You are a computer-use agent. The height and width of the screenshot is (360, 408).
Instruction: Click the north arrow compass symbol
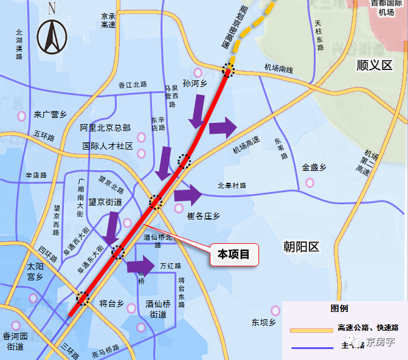[x=52, y=35]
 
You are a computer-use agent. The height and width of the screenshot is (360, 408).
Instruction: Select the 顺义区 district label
[x=375, y=65]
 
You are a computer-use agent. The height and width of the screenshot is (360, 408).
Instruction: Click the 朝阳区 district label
[x=301, y=246]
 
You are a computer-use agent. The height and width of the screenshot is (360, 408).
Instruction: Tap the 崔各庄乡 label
[x=204, y=216]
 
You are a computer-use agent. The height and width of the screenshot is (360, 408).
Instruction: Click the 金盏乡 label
[x=314, y=167]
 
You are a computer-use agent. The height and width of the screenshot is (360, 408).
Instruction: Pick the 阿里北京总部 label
[x=105, y=128]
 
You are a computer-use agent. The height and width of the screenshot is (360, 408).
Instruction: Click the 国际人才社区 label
[x=108, y=146]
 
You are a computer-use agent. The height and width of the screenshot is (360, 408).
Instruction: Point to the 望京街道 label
[x=105, y=201]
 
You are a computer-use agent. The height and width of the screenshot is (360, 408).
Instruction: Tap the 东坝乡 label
[x=264, y=322]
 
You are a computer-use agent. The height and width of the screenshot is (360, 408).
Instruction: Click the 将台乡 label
[x=111, y=302]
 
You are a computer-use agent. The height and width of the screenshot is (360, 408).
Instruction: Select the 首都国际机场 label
[x=386, y=7]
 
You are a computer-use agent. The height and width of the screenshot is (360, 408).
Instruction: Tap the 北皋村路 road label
[x=232, y=185]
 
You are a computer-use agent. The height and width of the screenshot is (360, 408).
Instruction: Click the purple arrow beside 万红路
[x=140, y=265]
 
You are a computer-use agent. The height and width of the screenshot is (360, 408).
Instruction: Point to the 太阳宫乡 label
[x=35, y=271]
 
